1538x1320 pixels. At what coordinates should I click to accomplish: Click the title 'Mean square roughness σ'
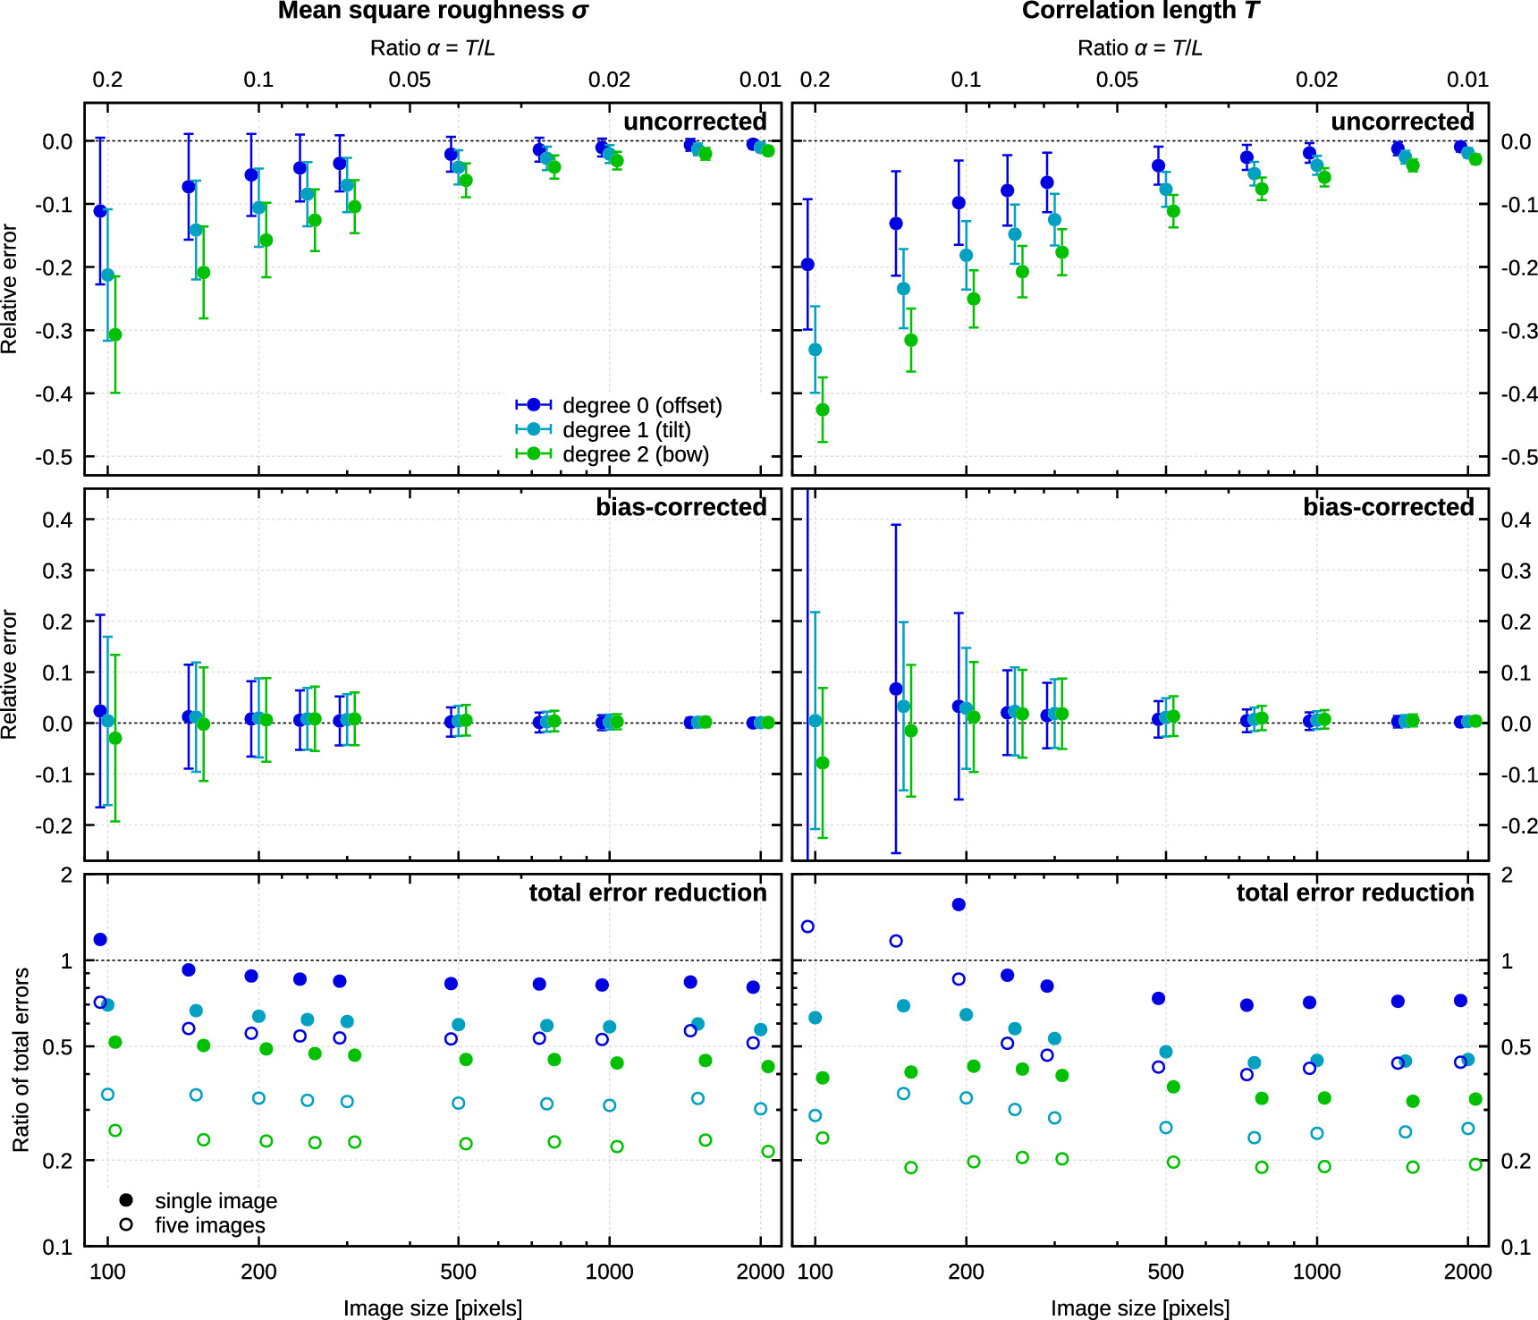point(433,11)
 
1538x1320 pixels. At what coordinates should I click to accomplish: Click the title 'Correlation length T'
point(1140,11)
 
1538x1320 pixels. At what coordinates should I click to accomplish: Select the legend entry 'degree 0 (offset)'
point(641,405)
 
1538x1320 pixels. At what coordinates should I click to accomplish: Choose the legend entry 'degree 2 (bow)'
point(635,454)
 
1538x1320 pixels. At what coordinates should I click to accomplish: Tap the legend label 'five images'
point(209,1225)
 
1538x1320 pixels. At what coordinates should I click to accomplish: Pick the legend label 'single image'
point(215,1201)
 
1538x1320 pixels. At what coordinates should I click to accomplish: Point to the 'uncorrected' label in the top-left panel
point(695,122)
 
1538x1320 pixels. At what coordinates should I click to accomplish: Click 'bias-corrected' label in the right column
point(1388,507)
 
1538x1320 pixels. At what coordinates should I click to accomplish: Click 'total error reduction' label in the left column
point(647,893)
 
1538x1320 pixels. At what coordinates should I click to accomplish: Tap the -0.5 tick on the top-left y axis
point(55,457)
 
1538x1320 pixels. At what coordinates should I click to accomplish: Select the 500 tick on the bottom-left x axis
point(458,1272)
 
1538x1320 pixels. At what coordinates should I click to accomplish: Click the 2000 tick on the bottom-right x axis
point(1467,1272)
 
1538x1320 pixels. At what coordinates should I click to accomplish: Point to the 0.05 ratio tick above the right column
point(1117,80)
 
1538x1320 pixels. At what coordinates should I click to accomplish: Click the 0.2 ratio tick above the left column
point(107,80)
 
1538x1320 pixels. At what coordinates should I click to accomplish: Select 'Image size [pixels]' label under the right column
point(1140,1308)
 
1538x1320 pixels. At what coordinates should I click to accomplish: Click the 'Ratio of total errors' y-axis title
point(21,1060)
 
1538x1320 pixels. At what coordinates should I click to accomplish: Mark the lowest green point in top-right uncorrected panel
point(823,410)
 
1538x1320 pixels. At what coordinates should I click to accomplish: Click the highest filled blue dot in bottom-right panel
point(959,904)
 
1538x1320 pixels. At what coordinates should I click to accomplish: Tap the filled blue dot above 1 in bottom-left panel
point(100,939)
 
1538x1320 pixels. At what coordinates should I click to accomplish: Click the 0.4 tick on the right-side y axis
point(1516,520)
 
